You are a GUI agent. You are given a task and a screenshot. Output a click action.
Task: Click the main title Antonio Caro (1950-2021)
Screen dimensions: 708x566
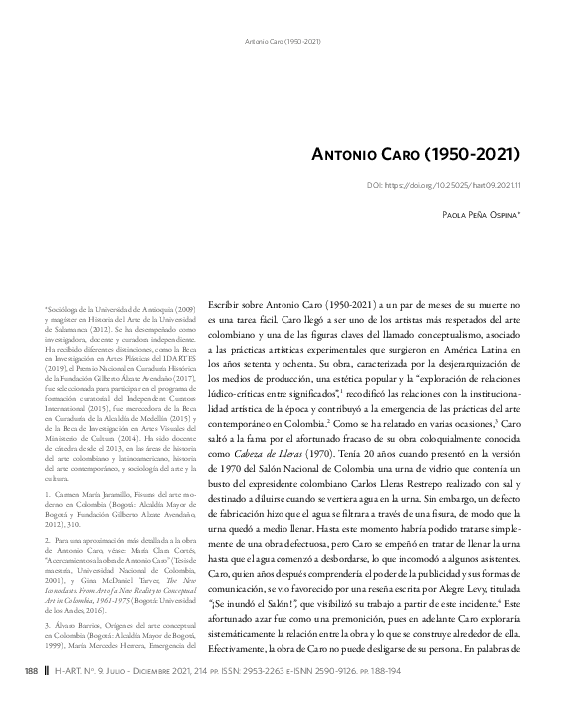pyautogui.click(x=419, y=157)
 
